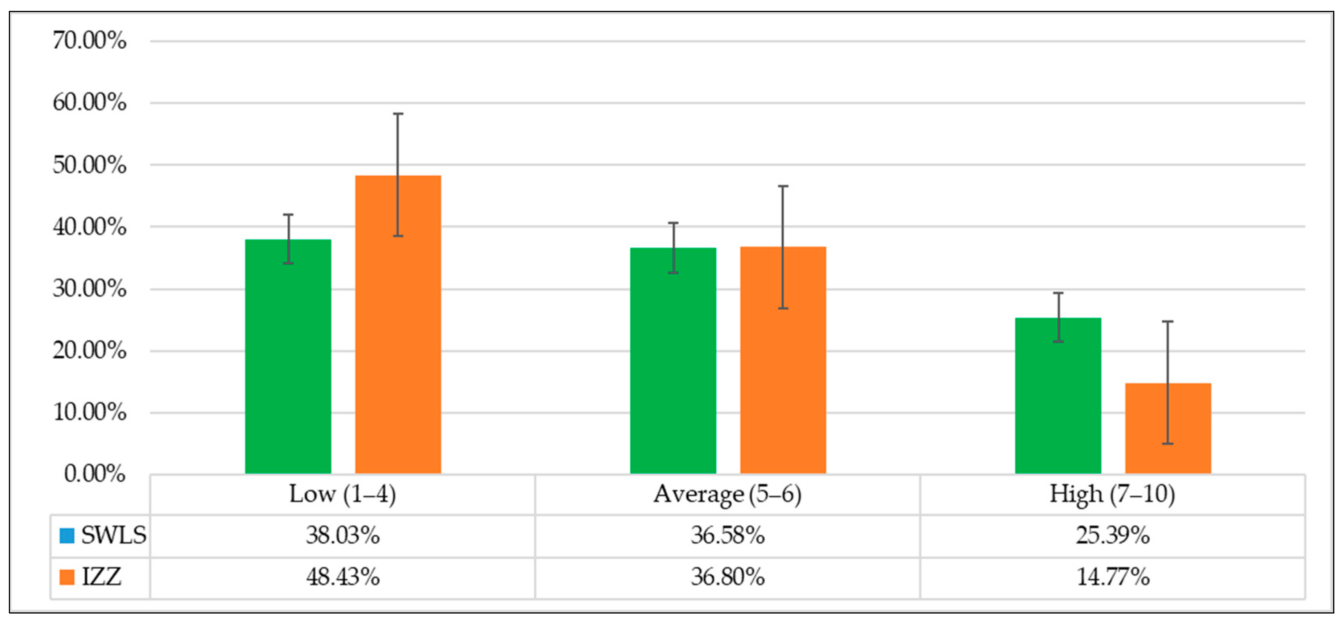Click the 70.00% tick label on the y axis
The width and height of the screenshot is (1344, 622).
(x=89, y=40)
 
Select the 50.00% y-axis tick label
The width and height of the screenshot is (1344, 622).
(x=89, y=165)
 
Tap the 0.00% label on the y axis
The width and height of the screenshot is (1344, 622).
(x=95, y=474)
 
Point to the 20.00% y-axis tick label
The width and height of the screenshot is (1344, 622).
(x=89, y=350)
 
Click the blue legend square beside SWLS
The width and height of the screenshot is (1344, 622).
(x=67, y=535)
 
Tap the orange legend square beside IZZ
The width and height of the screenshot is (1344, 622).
(x=67, y=577)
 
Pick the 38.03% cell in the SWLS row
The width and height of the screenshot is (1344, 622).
(x=342, y=535)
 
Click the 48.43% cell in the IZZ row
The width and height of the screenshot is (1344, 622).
(x=342, y=577)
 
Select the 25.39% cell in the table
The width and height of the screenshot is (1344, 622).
(x=1112, y=535)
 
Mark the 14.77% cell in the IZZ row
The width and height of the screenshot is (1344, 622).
(x=1112, y=577)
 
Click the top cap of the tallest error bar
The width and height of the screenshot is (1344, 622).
(x=398, y=114)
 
